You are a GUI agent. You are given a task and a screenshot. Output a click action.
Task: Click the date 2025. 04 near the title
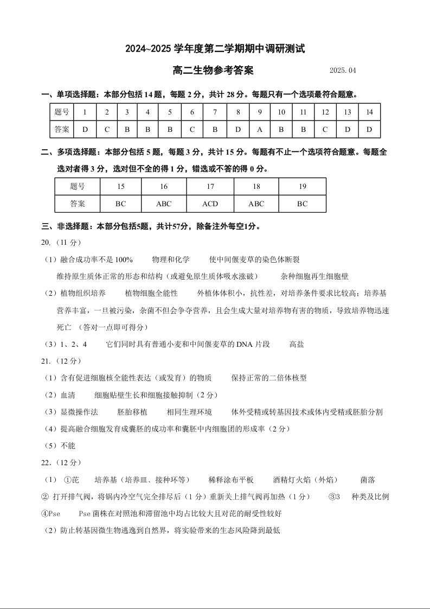click(x=343, y=71)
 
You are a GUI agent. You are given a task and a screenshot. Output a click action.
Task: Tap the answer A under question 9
click(x=260, y=129)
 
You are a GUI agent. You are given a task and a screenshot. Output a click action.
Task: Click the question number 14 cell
click(x=369, y=112)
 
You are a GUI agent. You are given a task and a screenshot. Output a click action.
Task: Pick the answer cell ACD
click(x=210, y=204)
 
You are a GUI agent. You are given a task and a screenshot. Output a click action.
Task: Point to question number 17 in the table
click(x=210, y=186)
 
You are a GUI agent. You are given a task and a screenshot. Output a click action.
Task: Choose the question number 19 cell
click(x=302, y=186)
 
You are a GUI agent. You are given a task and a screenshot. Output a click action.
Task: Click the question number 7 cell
click(x=215, y=112)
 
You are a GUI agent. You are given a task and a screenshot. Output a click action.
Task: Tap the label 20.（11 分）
click(x=61, y=242)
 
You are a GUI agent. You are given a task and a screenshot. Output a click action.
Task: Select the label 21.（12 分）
click(x=61, y=361)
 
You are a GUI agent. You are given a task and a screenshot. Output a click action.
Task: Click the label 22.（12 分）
click(x=61, y=462)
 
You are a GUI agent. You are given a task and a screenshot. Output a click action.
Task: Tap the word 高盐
click(x=297, y=344)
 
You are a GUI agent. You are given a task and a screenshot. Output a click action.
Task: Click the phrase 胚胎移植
click(x=132, y=412)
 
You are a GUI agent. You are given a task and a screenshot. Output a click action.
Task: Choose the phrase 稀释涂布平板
click(x=231, y=480)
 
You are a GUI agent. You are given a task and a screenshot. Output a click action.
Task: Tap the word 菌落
click(x=368, y=480)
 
